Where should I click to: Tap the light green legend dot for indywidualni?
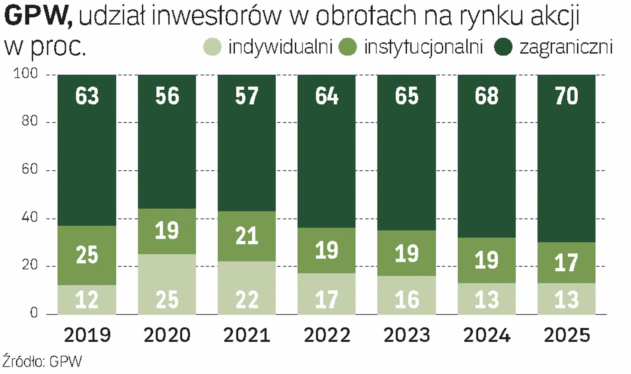point(212,47)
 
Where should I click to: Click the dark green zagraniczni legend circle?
point(503,47)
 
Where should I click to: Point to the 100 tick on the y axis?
point(26,73)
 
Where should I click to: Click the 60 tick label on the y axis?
point(29,169)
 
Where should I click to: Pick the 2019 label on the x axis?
point(87,335)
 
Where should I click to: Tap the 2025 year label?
point(567,335)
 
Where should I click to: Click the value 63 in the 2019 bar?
point(87,96)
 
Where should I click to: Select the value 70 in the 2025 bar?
point(566,96)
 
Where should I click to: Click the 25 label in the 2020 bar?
point(167,300)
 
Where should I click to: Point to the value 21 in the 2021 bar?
point(247,236)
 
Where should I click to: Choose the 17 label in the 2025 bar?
point(566,263)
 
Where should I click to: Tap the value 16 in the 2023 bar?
point(407,300)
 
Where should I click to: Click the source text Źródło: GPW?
point(42,362)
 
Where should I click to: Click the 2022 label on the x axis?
point(327,335)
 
